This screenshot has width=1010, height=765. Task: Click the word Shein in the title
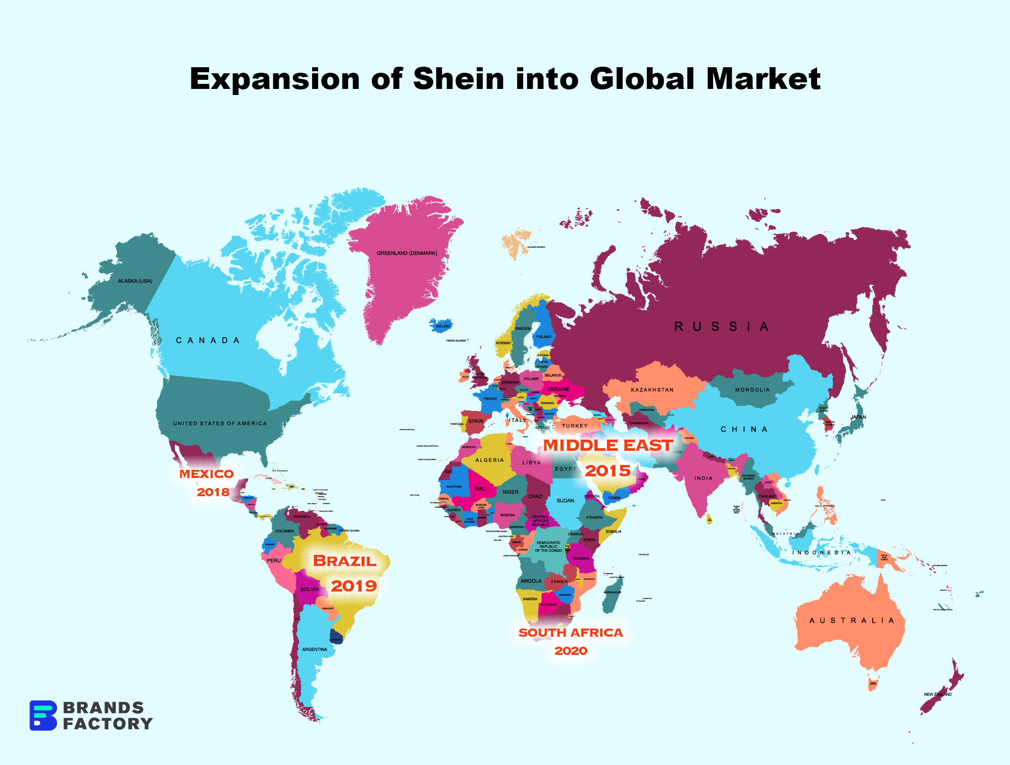(459, 79)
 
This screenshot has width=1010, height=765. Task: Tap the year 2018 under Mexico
(213, 492)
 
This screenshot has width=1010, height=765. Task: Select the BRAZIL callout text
(344, 561)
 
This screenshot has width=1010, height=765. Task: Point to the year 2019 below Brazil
(354, 586)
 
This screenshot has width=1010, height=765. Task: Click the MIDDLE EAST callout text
(608, 445)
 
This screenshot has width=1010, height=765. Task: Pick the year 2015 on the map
(608, 471)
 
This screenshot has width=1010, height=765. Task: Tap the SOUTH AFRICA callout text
(571, 633)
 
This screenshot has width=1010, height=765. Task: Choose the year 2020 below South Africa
(571, 651)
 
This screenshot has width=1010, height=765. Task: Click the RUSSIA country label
(722, 327)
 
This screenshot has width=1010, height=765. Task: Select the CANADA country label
(208, 341)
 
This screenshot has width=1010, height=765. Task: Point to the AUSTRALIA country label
(851, 620)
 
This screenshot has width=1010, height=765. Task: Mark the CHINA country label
(744, 429)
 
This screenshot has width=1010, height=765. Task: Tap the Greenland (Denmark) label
(407, 253)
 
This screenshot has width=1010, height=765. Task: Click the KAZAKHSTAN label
(652, 390)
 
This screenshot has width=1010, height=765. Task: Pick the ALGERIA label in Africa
(489, 460)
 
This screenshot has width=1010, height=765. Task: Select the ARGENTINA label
(315, 649)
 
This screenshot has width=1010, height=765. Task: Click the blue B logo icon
(43, 715)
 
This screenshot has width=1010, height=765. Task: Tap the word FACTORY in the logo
(108, 724)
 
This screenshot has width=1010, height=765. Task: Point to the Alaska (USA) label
(135, 281)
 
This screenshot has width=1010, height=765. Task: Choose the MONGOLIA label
(752, 390)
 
